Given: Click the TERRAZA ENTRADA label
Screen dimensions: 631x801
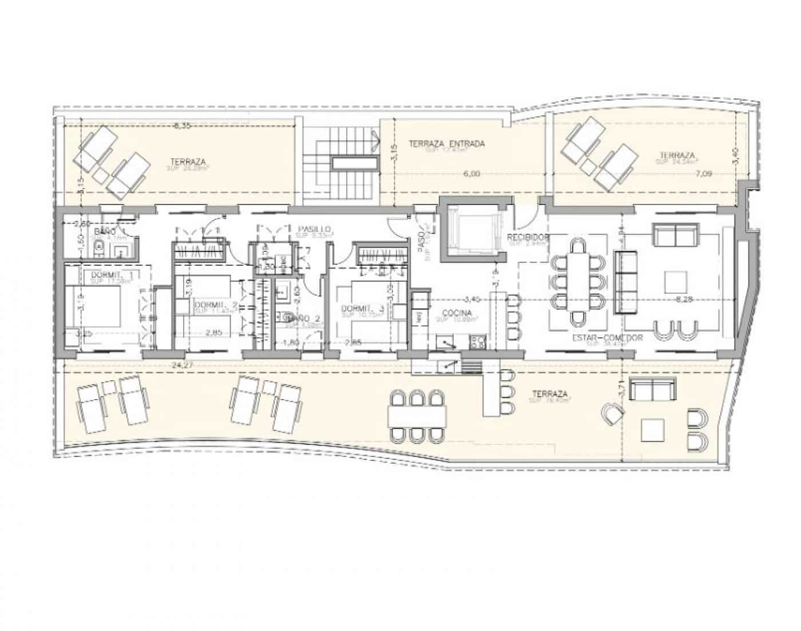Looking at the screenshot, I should click(x=447, y=144).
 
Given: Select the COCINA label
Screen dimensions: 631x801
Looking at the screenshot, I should click(x=457, y=313).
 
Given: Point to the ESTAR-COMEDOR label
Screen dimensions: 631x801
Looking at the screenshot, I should click(x=607, y=338).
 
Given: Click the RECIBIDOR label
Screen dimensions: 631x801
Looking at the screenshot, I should click(x=528, y=237).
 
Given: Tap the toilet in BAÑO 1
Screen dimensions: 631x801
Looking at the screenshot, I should click(x=100, y=247).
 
